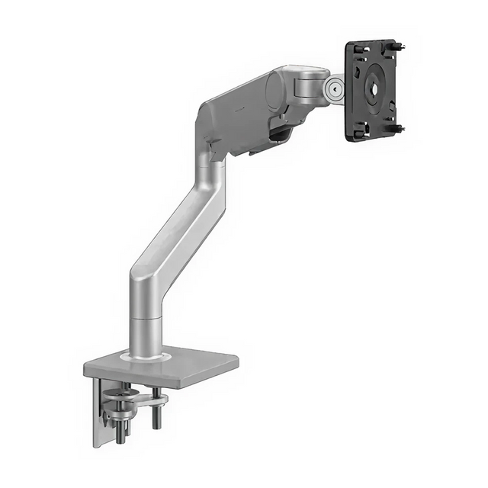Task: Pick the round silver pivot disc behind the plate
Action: point(332,88)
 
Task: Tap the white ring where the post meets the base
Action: point(146,355)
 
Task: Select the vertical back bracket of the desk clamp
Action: point(99,416)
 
